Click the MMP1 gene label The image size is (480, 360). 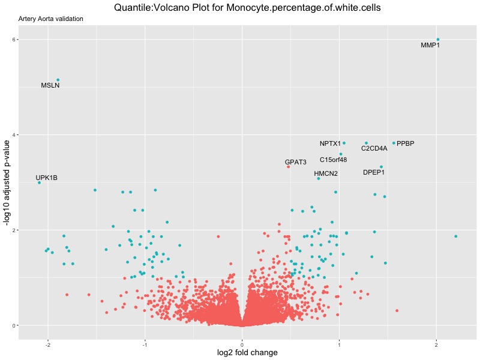click(430, 45)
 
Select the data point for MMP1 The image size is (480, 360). click(438, 40)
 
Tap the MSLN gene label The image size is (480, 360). click(50, 85)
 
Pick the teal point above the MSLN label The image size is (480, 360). click(58, 80)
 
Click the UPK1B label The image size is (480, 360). click(47, 178)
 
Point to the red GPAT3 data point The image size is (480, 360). click(288, 166)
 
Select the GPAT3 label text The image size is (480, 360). click(296, 162)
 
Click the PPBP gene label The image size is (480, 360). click(406, 143)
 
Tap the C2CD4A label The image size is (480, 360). click(374, 148)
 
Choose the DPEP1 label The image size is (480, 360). click(374, 172)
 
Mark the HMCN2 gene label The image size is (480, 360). click(326, 173)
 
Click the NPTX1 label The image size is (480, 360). click(330, 143)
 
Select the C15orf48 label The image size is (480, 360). click(334, 160)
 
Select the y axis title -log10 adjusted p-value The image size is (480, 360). click(7, 182)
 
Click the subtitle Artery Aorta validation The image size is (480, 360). click(51, 19)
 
